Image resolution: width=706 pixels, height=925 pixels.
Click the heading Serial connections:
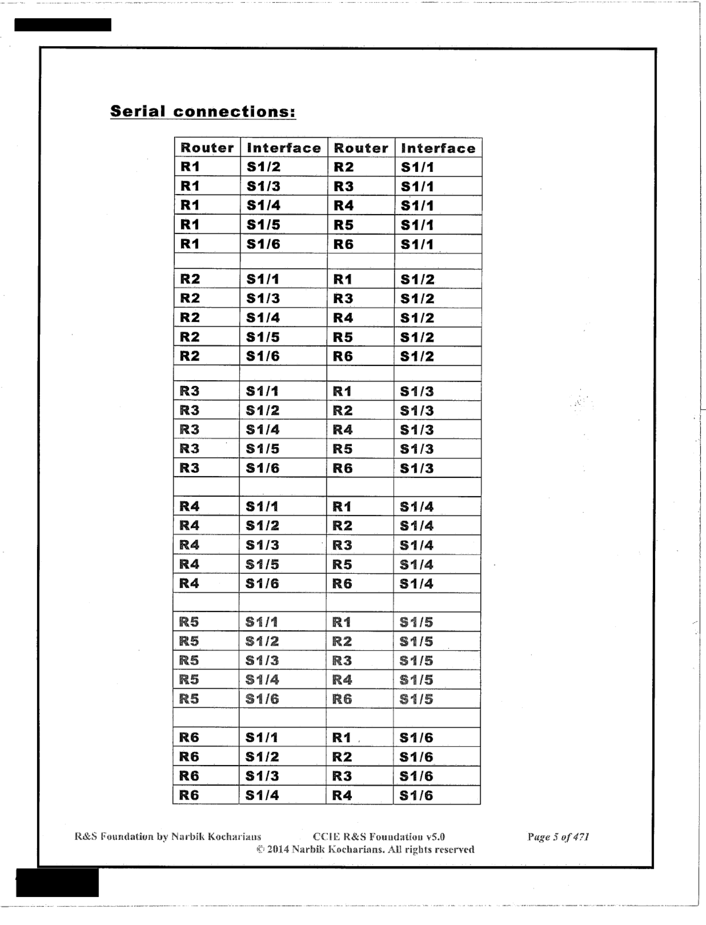point(203,112)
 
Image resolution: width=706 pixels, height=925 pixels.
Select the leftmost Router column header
point(207,148)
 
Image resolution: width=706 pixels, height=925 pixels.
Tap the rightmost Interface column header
point(438,148)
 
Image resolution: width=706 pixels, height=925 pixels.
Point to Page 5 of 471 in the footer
point(558,837)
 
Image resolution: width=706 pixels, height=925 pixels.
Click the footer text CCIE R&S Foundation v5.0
point(378,837)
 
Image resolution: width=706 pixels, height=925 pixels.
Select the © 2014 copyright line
point(365,850)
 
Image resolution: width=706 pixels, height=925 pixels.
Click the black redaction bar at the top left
point(63,25)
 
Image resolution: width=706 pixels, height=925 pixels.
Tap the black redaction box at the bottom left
point(57,883)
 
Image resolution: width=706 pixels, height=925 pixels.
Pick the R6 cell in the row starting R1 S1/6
point(343,245)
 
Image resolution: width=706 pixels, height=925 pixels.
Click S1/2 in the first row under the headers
point(263,167)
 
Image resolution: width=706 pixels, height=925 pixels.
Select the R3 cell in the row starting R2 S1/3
point(343,299)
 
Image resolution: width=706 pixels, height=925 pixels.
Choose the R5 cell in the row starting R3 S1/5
point(342,449)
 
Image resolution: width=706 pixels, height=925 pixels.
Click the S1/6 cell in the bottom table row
point(416,796)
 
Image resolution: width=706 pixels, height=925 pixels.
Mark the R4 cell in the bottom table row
point(342,796)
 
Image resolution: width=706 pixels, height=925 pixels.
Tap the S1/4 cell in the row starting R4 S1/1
point(416,507)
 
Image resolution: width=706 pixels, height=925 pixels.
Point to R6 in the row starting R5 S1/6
point(342,699)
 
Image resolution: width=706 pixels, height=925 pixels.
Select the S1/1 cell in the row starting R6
point(261,738)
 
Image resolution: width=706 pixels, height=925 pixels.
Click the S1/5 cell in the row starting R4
point(262,565)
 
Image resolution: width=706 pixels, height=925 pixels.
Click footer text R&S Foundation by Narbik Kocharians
point(168,837)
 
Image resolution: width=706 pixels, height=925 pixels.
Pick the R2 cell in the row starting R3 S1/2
point(342,411)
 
